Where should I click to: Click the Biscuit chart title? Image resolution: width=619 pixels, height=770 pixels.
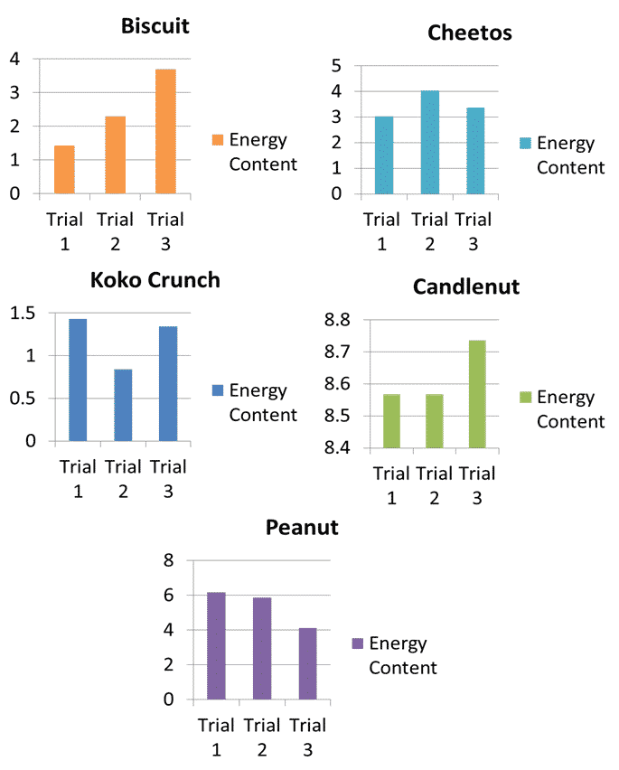pos(155,25)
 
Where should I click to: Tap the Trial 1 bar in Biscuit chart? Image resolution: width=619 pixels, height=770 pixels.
pos(64,169)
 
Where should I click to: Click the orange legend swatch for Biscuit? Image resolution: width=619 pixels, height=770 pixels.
pos(217,140)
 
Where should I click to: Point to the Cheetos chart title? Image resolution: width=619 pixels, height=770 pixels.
pos(469,33)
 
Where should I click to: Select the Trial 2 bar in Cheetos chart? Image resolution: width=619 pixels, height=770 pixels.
pos(429,142)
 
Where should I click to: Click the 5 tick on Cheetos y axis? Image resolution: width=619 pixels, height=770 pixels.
pos(336,65)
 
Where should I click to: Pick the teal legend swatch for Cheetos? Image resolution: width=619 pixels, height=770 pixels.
pos(525,144)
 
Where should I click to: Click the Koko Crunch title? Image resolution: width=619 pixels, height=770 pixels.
pos(155,279)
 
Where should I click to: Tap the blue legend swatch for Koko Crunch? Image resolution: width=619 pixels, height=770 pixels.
pos(217,390)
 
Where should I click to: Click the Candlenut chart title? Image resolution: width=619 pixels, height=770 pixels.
pos(466,286)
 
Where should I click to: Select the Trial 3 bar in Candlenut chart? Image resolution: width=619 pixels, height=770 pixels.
pos(477,394)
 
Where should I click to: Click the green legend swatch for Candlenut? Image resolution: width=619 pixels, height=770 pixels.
pos(525,398)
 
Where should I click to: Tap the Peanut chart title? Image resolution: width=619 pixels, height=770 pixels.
pos(302,528)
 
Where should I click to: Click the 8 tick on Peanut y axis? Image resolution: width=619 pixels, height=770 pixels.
pos(167,560)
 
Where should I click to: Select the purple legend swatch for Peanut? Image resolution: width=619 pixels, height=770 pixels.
pos(357,643)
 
